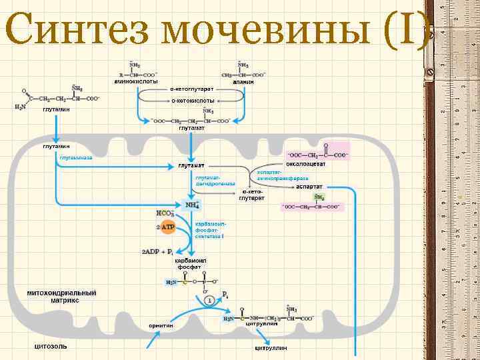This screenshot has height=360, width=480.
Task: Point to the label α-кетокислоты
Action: click(x=193, y=100)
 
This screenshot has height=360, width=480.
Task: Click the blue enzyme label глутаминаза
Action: click(x=75, y=158)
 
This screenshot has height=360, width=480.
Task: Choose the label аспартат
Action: click(x=309, y=187)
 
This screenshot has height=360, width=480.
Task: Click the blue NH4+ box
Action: click(x=191, y=204)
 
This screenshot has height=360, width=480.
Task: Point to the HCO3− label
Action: click(x=165, y=214)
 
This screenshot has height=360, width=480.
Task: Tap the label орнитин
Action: click(x=161, y=325)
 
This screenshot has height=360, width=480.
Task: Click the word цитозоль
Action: click(x=51, y=346)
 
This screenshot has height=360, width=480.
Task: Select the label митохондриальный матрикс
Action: click(x=61, y=297)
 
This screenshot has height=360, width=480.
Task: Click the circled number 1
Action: click(x=209, y=301)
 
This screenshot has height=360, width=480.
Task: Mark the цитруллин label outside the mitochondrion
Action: click(x=270, y=347)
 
